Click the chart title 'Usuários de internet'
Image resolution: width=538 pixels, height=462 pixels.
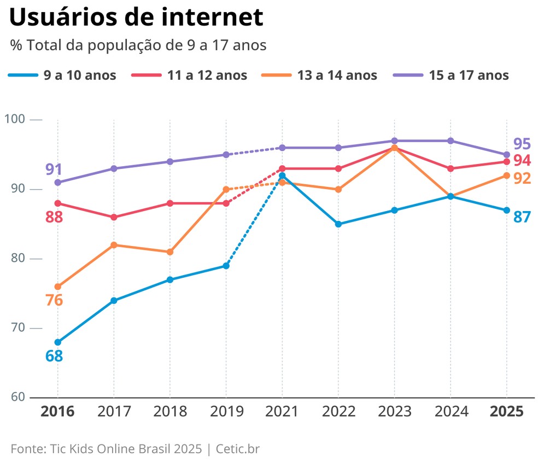(137, 17)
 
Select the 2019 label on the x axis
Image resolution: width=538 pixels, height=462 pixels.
(226, 412)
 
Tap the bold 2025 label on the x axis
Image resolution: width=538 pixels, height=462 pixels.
(506, 412)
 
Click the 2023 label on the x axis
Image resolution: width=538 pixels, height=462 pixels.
(394, 412)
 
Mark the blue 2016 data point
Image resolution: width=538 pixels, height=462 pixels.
(58, 342)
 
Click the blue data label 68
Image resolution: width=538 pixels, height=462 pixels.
(54, 356)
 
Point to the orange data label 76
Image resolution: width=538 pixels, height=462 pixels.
(54, 300)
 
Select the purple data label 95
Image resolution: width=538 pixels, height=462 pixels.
(522, 144)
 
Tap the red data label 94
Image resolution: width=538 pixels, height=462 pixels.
(522, 161)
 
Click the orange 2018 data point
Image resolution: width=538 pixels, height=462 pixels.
(170, 252)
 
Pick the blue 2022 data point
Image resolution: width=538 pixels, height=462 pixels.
(338, 224)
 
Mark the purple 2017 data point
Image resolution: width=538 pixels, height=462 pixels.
(114, 168)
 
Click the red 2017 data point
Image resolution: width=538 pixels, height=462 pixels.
(114, 217)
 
